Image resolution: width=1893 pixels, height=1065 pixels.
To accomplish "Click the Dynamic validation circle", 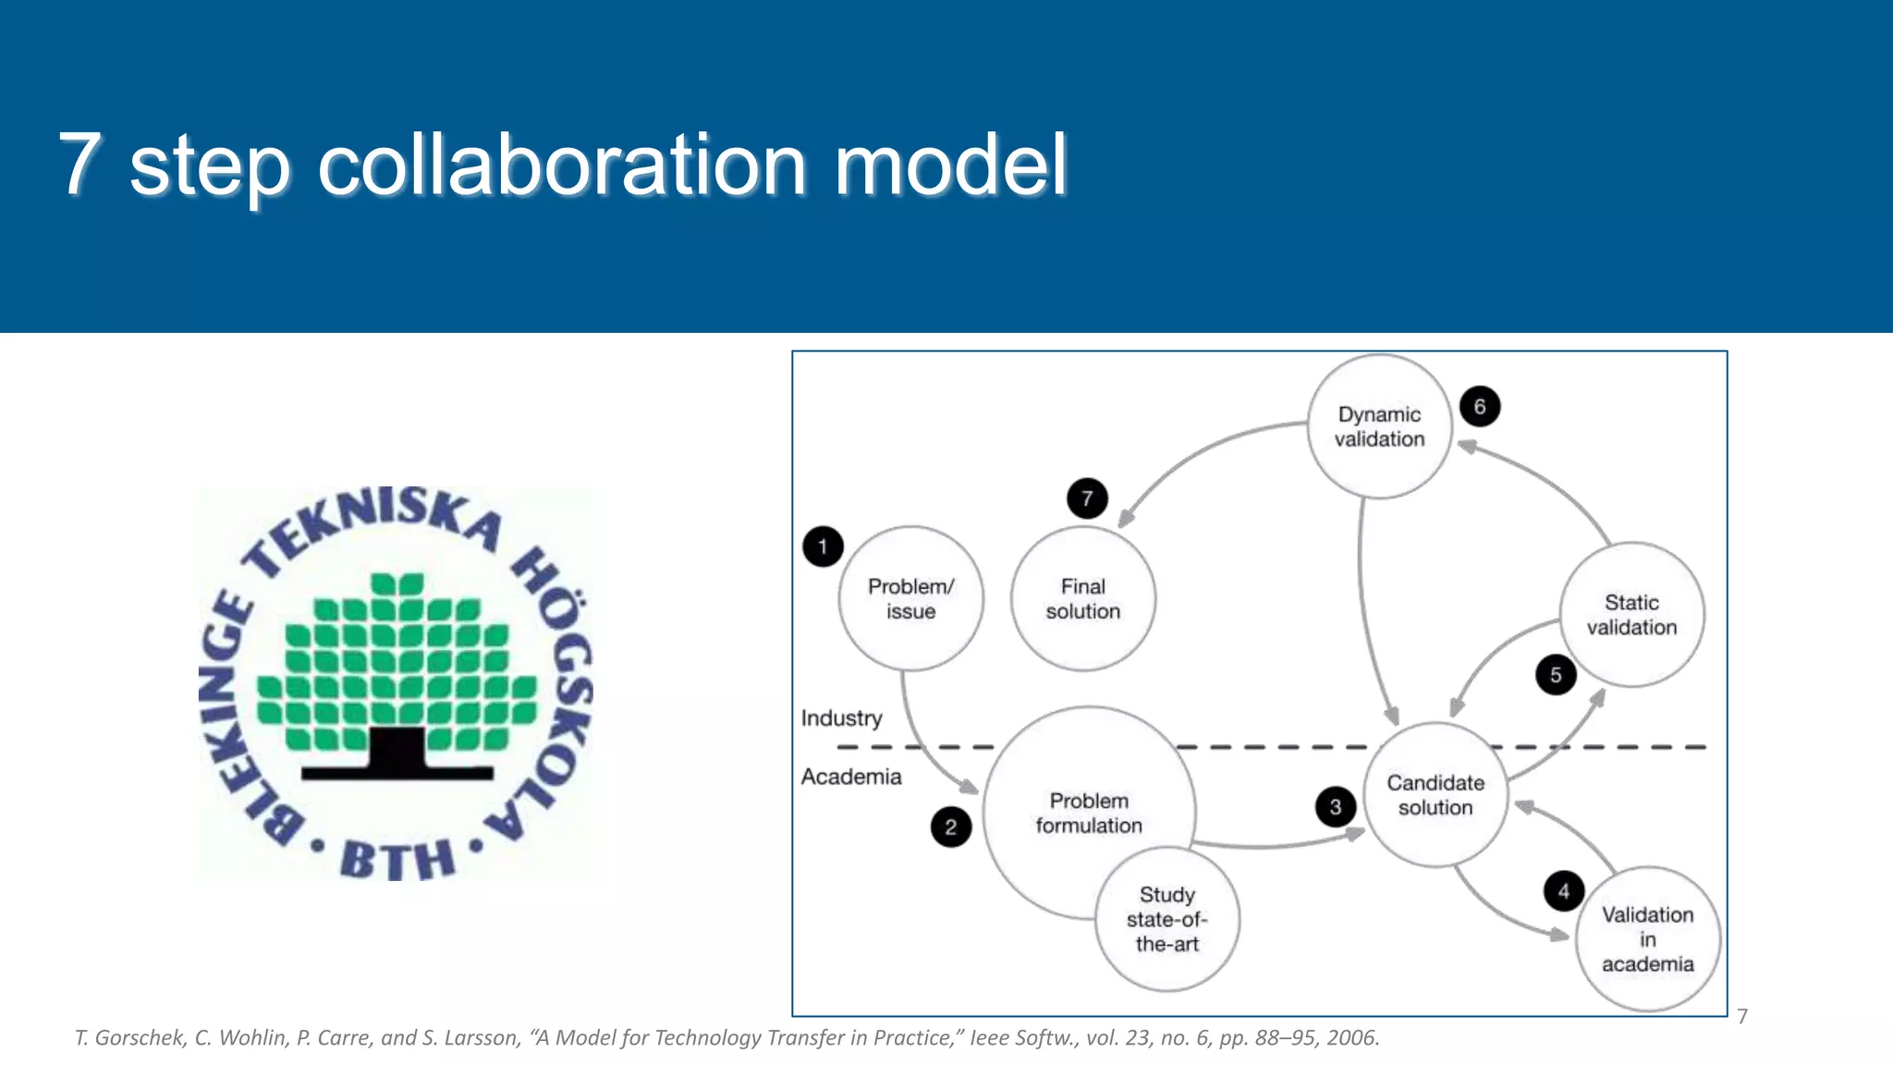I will [1379, 427].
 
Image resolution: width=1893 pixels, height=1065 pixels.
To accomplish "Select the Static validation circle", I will [1631, 615].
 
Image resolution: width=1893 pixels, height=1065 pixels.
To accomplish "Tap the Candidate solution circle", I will [1435, 795].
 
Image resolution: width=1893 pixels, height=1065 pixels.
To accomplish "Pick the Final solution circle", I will [1082, 599].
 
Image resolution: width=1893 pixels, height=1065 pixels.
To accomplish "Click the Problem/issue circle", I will [910, 599].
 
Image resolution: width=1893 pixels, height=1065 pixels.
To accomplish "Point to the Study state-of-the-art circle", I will [1166, 920].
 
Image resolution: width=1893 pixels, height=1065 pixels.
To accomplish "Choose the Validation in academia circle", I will [1647, 939].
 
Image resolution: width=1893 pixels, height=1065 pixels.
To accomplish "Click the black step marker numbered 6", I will [1480, 407].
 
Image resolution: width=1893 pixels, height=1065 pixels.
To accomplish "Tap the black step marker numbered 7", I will [1087, 499].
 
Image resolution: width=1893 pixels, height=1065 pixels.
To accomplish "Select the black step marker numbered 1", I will [823, 546].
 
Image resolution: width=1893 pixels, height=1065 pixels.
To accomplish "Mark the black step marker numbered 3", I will [1335, 807].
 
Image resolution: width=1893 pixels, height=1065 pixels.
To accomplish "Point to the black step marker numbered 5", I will [1556, 675].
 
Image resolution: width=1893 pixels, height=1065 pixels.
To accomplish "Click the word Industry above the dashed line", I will [841, 718].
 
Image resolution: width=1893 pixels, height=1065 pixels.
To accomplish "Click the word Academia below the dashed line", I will [851, 777].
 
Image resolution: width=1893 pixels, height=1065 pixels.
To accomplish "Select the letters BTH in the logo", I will [397, 861].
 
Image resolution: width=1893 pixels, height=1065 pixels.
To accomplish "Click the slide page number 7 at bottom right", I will [1742, 1017].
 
